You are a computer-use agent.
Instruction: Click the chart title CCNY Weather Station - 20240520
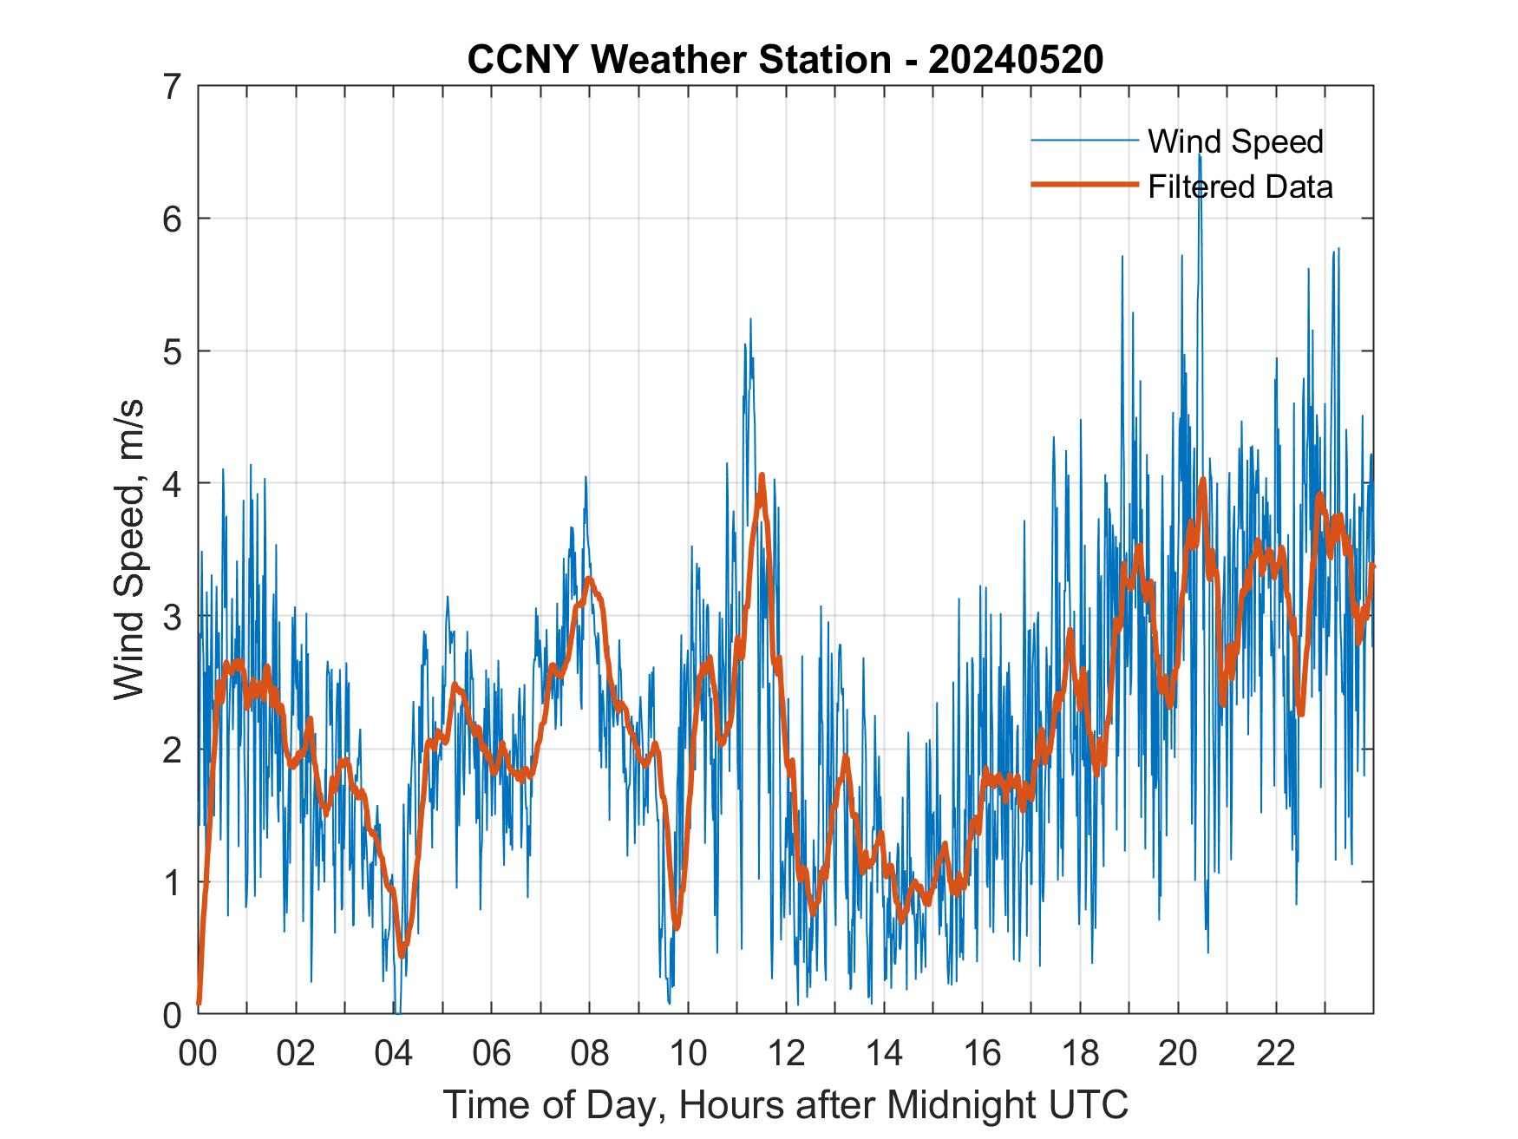[785, 60]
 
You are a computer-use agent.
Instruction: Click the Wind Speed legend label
[1235, 141]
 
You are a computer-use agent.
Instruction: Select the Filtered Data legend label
[1240, 187]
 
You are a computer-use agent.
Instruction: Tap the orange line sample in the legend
[1083, 185]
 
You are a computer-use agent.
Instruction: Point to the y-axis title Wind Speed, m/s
[130, 550]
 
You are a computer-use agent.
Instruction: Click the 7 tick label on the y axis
[173, 86]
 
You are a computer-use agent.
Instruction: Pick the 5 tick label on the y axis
[173, 351]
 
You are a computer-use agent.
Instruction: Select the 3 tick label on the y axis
[173, 617]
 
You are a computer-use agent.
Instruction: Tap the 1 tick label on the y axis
[173, 882]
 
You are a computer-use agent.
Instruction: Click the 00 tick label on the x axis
[198, 1054]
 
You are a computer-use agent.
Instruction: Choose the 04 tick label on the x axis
[394, 1054]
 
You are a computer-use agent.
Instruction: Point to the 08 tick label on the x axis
[590, 1054]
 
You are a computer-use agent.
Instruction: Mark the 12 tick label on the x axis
[786, 1054]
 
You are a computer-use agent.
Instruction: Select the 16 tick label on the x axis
[982, 1054]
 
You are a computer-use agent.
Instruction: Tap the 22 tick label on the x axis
[1276, 1054]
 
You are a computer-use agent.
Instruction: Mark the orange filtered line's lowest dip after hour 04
[402, 954]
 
